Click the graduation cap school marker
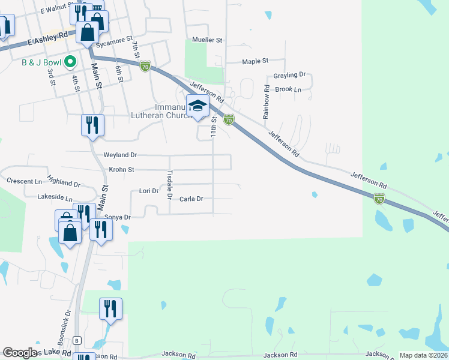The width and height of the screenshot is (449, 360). [x=197, y=107]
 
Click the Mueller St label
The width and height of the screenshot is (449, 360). [x=207, y=40]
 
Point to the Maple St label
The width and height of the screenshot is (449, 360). [x=255, y=61]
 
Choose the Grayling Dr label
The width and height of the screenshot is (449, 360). [x=290, y=75]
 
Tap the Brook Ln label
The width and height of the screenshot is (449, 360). [x=288, y=89]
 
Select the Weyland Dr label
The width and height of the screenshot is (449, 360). [x=120, y=155]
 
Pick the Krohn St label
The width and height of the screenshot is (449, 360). [x=121, y=170]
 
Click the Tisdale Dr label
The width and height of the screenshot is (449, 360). [x=169, y=186]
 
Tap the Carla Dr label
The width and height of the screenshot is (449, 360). [x=191, y=199]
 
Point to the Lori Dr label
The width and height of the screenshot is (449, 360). [x=148, y=191]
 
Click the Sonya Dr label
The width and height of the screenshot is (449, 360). [x=117, y=217]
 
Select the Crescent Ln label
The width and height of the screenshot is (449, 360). [x=25, y=181]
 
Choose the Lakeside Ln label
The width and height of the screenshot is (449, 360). [x=54, y=197]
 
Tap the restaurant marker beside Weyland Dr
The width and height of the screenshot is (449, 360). [x=92, y=125]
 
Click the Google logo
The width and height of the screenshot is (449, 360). [x=20, y=353]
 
